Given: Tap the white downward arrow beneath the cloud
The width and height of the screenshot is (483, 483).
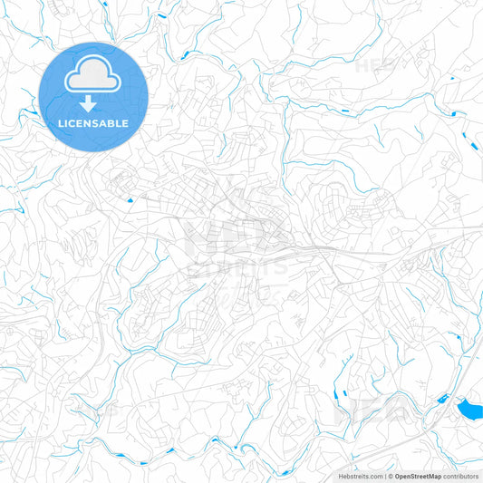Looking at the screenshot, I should (88, 104).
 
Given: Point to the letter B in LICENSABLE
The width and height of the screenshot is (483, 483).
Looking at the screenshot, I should (114, 123).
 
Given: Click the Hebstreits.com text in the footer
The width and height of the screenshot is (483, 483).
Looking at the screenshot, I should (357, 475).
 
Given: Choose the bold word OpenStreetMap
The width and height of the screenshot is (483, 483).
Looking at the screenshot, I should (418, 475).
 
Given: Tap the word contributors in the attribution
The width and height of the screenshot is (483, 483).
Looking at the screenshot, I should (460, 475).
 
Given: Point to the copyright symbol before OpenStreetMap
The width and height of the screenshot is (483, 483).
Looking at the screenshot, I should (389, 475).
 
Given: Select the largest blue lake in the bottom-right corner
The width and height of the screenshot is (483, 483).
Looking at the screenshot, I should (470, 411).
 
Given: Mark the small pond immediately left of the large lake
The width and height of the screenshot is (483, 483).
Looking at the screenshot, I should (443, 399).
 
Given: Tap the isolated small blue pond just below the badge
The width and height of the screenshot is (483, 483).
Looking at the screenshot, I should (130, 199).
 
